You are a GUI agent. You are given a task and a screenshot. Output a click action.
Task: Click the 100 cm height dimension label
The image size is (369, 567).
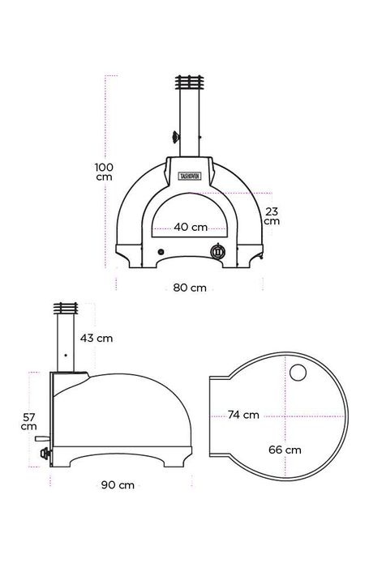click(104, 172)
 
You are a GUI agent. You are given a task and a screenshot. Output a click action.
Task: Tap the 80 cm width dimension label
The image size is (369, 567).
click(190, 288)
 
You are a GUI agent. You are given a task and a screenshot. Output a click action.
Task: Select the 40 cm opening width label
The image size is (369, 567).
click(191, 227)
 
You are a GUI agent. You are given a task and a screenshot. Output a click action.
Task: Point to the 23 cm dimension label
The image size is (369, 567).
click(272, 216)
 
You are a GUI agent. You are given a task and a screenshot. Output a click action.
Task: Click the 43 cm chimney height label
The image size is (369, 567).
click(97, 339)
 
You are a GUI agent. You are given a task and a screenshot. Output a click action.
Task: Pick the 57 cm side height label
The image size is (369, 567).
click(29, 422)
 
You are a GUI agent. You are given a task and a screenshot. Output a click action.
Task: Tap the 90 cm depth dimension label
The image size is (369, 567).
click(118, 485)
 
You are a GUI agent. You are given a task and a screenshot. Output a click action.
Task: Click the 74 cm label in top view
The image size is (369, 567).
click(243, 415)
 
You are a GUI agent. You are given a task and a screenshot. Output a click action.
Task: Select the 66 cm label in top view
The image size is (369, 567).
click(285, 450)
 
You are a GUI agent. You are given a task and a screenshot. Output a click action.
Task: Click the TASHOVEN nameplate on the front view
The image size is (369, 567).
click(190, 176)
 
